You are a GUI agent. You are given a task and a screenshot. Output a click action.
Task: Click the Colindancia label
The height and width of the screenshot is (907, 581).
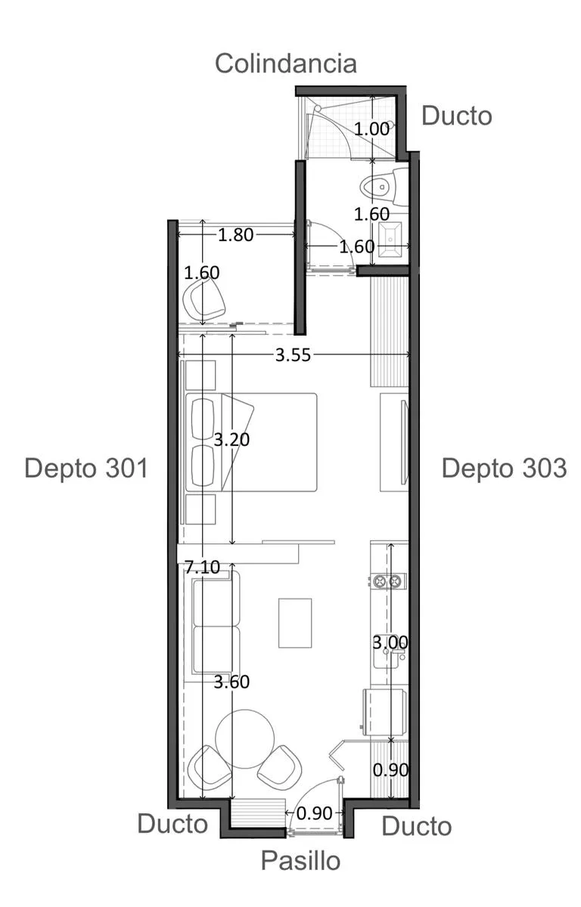(286, 64)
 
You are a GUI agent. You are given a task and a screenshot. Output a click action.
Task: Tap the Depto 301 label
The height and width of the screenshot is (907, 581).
(86, 468)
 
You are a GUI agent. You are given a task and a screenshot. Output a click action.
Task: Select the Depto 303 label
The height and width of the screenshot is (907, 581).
(504, 468)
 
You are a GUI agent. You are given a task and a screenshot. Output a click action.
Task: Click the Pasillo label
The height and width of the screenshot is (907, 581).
(300, 860)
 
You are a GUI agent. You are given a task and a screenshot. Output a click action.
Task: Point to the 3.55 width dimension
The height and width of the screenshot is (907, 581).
(293, 355)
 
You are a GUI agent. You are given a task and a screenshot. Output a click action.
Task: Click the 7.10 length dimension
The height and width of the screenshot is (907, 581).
(202, 567)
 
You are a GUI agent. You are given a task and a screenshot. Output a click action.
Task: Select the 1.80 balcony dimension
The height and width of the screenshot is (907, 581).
(235, 235)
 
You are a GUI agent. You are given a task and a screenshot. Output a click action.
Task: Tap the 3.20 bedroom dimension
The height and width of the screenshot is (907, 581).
(231, 439)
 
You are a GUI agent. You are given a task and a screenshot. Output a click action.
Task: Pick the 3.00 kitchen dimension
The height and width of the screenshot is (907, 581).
(390, 642)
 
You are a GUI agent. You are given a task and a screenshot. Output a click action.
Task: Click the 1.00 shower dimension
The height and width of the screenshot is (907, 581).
(371, 129)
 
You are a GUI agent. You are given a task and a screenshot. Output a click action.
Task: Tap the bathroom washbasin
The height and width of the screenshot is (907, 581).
(390, 240)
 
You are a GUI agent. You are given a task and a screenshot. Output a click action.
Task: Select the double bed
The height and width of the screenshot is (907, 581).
(251, 442)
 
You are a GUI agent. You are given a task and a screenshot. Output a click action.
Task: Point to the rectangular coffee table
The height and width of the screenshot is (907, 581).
(295, 623)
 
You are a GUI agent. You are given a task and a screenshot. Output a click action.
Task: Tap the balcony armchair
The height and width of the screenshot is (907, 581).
(204, 300)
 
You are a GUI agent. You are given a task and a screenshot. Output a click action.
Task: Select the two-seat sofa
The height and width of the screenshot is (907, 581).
(213, 627)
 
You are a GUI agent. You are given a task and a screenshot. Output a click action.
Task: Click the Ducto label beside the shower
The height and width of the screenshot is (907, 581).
(457, 116)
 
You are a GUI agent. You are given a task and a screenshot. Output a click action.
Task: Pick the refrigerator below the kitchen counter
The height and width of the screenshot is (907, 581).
(385, 711)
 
